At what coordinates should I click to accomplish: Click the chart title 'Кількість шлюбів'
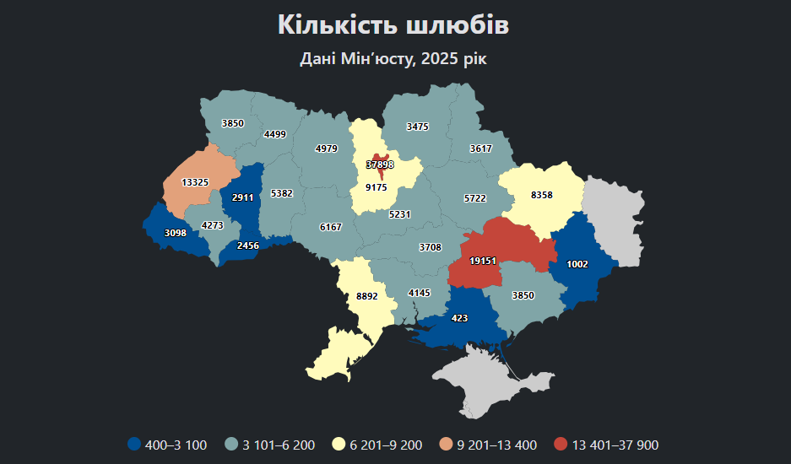tap(393, 25)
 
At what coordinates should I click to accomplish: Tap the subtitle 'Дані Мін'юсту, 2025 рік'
tap(393, 59)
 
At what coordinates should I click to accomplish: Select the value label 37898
tap(380, 165)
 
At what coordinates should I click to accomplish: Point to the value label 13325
tap(195, 182)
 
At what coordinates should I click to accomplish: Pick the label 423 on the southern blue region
tap(460, 318)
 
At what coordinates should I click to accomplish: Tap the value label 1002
tap(577, 264)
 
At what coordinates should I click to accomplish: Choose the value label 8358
tap(542, 195)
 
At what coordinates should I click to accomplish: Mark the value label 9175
tap(376, 187)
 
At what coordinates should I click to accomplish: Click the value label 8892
tap(367, 296)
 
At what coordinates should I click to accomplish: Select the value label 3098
tap(176, 232)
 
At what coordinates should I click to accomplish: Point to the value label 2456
tap(248, 245)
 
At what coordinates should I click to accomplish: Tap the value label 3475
tap(418, 127)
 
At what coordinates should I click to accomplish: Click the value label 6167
tap(331, 227)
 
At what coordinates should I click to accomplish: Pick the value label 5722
tap(475, 198)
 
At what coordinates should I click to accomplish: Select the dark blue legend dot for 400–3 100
tap(133, 445)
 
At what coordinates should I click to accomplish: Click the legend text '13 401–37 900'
tap(615, 445)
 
